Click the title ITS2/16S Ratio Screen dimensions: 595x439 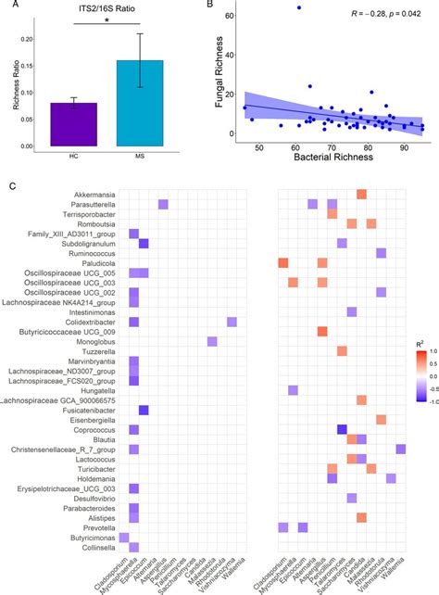(107, 10)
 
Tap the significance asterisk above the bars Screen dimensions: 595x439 (107, 22)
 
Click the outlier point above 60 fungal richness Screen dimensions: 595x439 (298, 7)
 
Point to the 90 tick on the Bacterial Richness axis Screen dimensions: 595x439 (404, 147)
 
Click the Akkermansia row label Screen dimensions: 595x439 (90, 193)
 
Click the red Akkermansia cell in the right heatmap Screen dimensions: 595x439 (362, 193)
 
